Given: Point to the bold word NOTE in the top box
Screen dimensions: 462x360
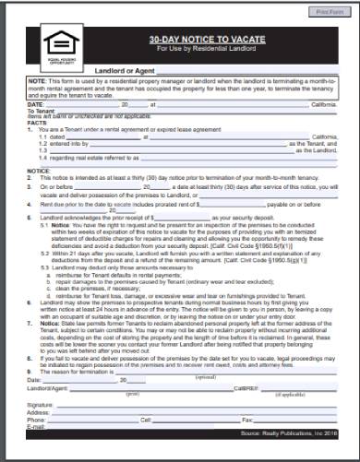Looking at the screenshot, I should pos(36,81).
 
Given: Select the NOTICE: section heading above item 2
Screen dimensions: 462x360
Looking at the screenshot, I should pos(38,172).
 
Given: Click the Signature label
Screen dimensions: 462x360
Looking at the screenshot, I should pos(41,405).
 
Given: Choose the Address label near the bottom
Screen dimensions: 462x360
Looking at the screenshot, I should pos(39,412).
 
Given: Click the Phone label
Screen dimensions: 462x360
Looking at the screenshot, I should pos(37,420).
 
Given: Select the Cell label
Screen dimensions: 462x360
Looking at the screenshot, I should pos(145,420).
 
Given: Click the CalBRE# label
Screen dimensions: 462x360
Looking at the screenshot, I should pos(245,389).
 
